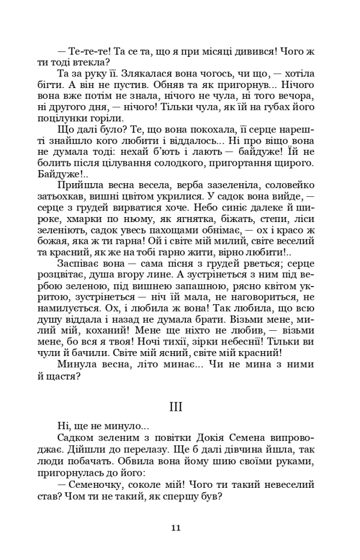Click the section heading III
(x=176, y=407)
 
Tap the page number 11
(x=176, y=528)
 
